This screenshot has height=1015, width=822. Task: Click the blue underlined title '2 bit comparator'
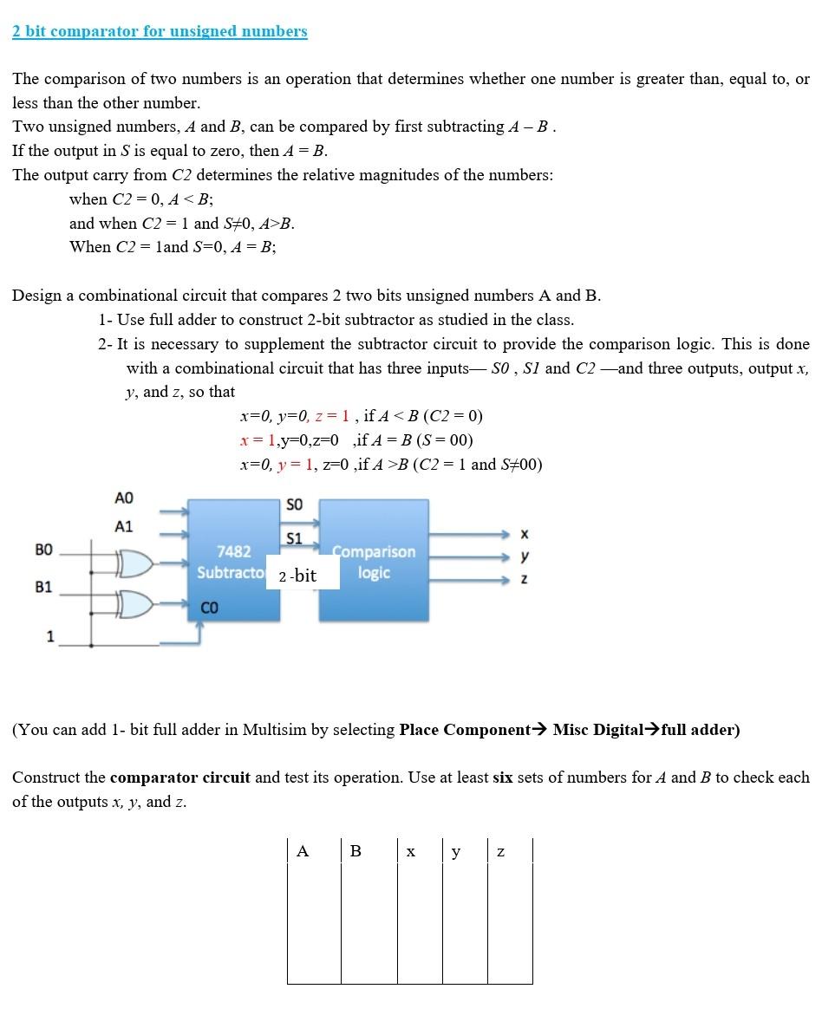point(160,32)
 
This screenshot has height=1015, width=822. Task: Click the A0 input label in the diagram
point(124,498)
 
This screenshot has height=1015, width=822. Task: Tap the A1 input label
point(124,527)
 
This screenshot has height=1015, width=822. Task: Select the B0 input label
point(43,550)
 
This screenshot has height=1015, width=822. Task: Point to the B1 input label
point(43,587)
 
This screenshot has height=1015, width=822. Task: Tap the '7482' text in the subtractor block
point(233,552)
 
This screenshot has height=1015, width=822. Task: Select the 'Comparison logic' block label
point(374,563)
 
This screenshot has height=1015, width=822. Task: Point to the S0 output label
point(295,505)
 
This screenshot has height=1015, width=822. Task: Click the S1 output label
point(295,538)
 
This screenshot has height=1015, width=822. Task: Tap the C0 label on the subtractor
point(210,608)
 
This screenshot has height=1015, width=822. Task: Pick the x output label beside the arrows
point(524,533)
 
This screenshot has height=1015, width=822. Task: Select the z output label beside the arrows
point(524,577)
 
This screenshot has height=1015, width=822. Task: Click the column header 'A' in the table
point(302,851)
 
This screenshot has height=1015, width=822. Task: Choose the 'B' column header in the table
point(356,851)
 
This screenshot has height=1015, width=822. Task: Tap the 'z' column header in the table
point(500,852)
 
